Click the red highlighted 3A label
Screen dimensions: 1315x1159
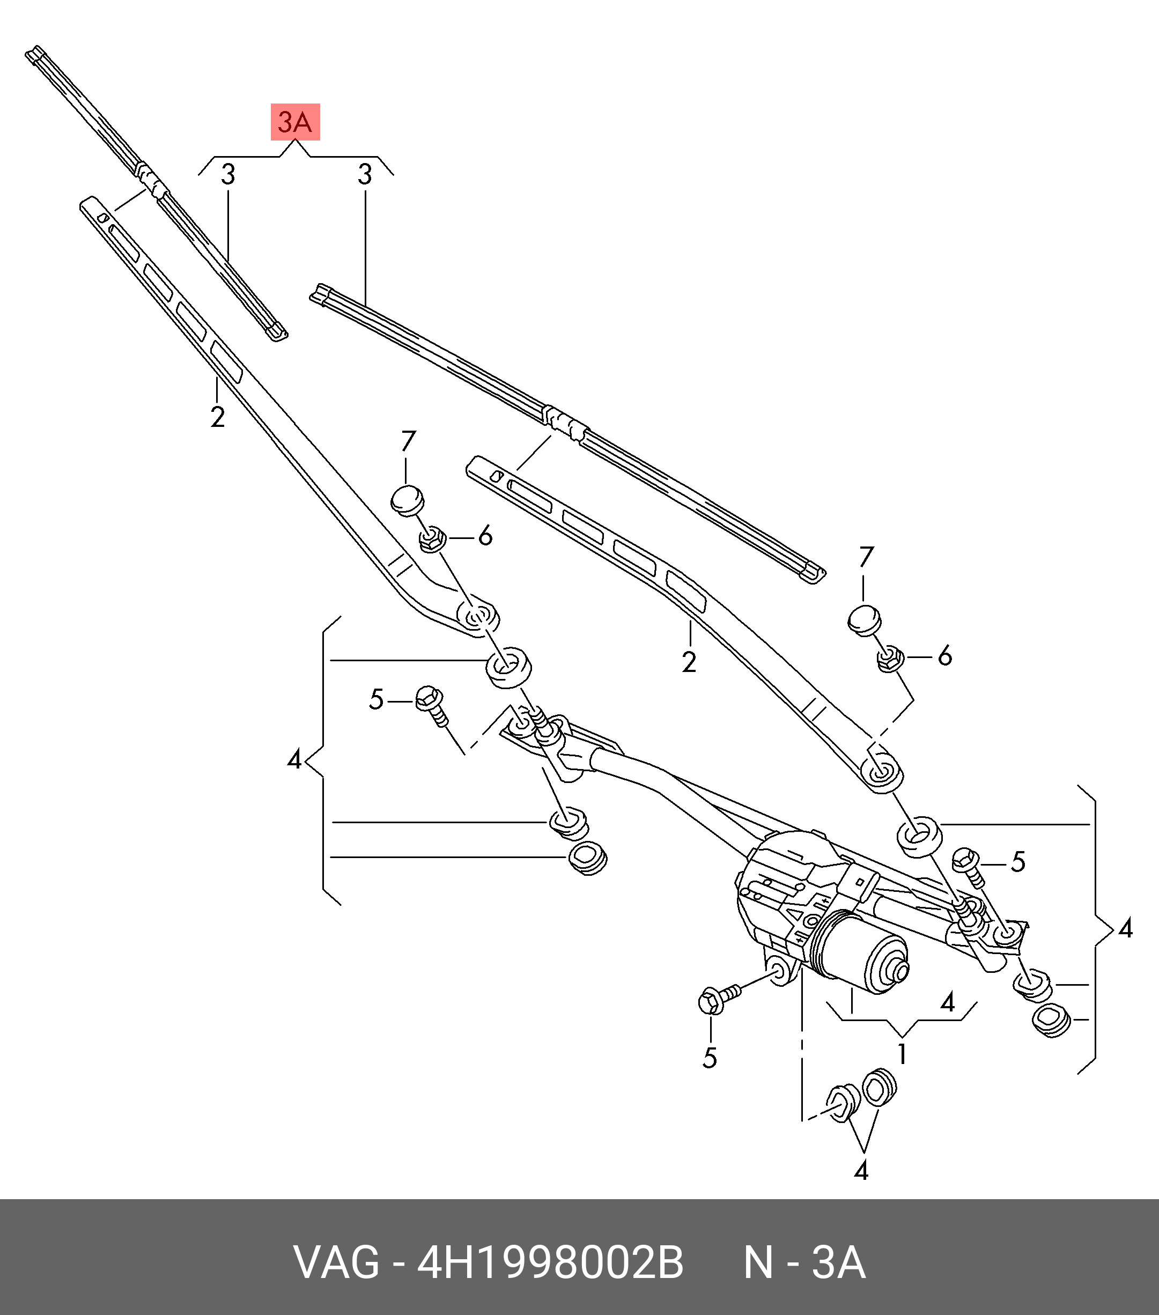click(x=295, y=122)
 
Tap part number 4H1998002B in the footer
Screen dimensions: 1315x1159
click(x=550, y=1263)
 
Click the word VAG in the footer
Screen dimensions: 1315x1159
click(x=337, y=1263)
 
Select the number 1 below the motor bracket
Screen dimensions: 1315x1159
click(x=902, y=1054)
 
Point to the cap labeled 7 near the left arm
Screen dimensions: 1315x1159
click(x=408, y=500)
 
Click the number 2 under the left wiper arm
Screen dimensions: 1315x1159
click(x=218, y=417)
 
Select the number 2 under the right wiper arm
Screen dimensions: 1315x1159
click(x=689, y=662)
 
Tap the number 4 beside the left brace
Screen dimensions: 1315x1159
click(x=294, y=760)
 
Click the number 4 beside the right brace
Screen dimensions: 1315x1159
click(x=1125, y=928)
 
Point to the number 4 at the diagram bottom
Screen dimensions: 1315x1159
click(x=861, y=1170)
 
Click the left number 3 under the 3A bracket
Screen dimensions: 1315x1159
click(x=228, y=175)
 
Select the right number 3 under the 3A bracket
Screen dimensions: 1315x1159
click(x=365, y=175)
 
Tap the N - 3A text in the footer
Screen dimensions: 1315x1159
click(x=804, y=1263)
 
